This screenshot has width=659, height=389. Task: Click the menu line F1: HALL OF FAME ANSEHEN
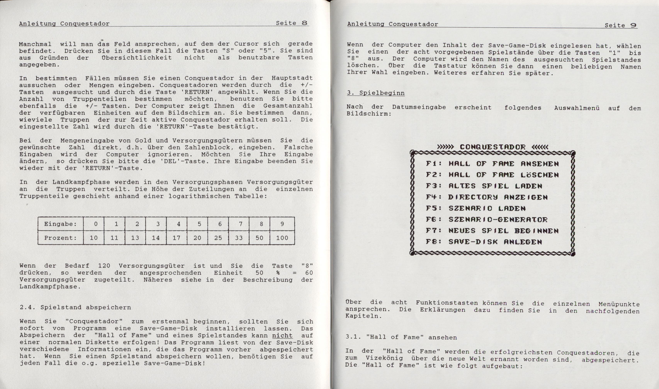point(492,164)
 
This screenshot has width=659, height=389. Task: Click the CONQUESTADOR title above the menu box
point(493,147)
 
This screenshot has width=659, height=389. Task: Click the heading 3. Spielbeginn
point(376,93)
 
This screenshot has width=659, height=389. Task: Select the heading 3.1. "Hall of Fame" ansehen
point(401,337)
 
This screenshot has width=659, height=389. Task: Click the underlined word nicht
point(282,335)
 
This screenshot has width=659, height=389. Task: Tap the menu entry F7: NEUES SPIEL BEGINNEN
point(492,231)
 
